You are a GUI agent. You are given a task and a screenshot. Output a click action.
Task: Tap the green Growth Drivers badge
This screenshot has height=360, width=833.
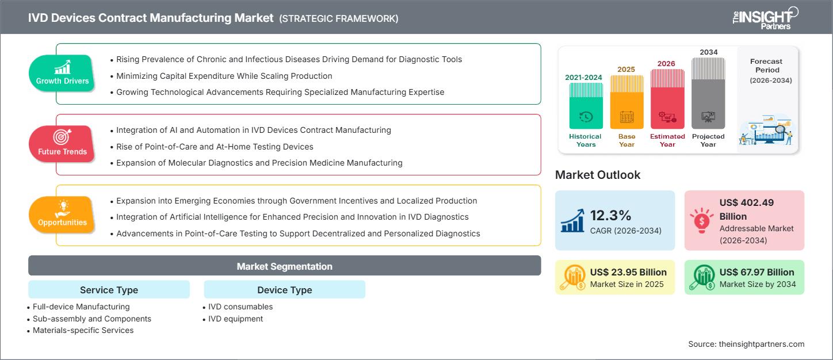point(63,74)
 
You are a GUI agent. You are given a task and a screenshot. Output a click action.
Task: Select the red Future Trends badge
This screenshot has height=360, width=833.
point(62,144)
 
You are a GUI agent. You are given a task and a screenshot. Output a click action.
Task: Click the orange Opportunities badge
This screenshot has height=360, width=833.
point(62,215)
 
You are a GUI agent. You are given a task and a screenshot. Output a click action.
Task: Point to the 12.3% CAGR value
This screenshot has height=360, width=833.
point(610,215)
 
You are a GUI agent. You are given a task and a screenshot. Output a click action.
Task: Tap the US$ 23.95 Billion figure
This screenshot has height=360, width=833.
point(628,272)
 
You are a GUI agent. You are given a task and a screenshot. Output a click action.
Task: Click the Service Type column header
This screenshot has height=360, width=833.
point(109,290)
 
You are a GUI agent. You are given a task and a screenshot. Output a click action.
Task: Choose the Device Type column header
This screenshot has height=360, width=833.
point(284,290)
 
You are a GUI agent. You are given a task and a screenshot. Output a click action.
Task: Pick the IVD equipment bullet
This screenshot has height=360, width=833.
point(235,319)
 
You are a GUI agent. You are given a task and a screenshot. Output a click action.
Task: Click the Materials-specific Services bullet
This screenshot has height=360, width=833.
point(83,330)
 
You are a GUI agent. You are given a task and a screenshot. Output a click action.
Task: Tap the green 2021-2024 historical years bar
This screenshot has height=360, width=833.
point(586,106)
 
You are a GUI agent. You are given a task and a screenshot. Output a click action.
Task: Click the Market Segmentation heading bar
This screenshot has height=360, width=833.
point(284,266)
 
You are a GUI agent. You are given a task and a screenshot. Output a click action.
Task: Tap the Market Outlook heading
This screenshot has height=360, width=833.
point(597,175)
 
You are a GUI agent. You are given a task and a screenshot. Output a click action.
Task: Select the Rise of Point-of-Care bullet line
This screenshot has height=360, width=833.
point(215,147)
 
